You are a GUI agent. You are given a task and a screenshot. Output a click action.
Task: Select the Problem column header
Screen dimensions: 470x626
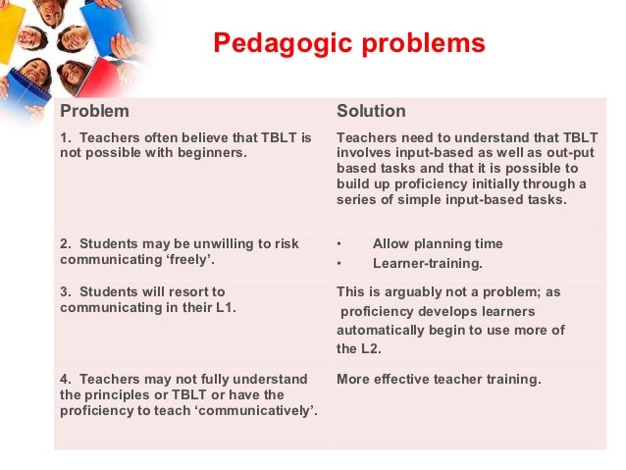coord(94,111)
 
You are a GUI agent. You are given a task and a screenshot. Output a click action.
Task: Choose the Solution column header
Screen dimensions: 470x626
coord(371,111)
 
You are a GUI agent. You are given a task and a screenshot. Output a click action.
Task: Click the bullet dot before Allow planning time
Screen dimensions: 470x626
coord(339,243)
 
